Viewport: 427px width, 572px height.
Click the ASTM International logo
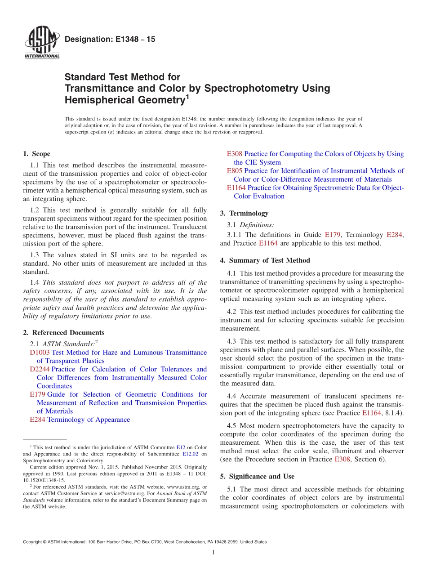(41, 44)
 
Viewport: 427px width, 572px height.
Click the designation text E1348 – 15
(110, 40)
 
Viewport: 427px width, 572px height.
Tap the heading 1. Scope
(36, 154)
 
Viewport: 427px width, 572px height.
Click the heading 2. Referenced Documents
(63, 333)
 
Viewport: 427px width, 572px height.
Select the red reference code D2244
(40, 369)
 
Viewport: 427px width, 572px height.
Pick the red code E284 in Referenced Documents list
(37, 420)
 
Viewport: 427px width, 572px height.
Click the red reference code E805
(234, 171)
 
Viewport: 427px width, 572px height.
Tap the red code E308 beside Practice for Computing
(234, 154)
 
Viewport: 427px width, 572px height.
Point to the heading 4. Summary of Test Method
(265, 260)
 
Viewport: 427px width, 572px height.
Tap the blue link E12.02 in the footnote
(191, 454)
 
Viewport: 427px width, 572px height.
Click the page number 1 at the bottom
(213, 552)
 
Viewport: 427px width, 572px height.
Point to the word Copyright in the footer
(33, 542)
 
